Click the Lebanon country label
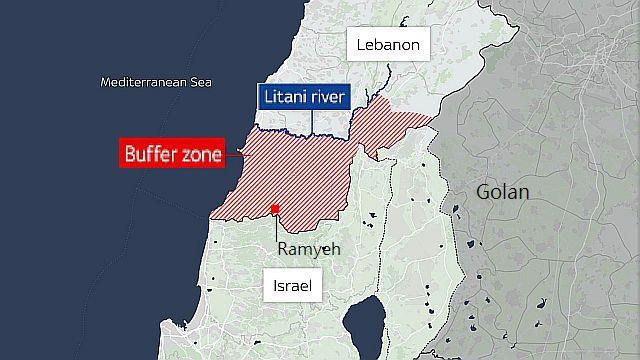[388, 45]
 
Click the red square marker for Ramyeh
[275, 210]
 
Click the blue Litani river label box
[303, 98]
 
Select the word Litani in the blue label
[282, 98]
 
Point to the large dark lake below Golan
[366, 329]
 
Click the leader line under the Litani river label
[312, 121]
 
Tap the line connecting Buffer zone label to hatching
[234, 155]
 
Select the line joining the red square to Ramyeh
[276, 226]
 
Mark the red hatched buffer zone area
[290, 175]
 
